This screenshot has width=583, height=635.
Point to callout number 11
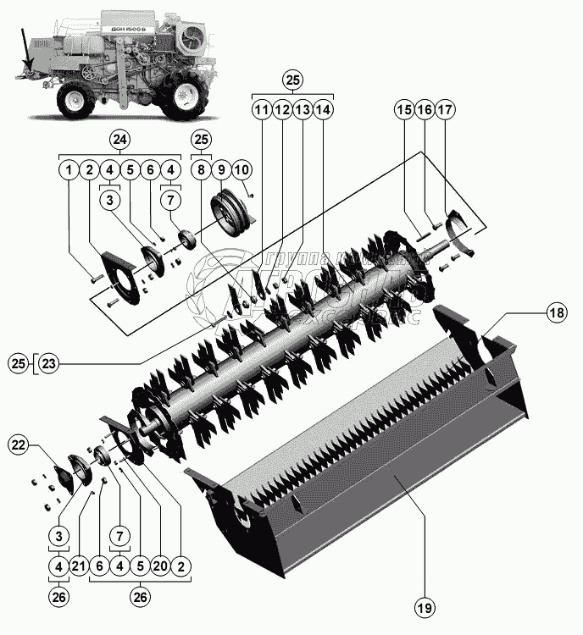[x=261, y=110]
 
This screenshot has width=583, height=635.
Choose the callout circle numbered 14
[x=323, y=110]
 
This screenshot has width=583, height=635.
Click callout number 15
[x=404, y=110]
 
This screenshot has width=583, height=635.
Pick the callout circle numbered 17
[x=446, y=110]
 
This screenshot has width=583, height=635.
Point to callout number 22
[x=19, y=444]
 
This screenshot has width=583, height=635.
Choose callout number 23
[x=49, y=365]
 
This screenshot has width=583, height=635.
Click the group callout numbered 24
[x=119, y=139]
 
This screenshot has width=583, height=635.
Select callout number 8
[x=201, y=170]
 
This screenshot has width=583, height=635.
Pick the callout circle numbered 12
[x=281, y=110]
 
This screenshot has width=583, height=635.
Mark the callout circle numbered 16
[x=425, y=110]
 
